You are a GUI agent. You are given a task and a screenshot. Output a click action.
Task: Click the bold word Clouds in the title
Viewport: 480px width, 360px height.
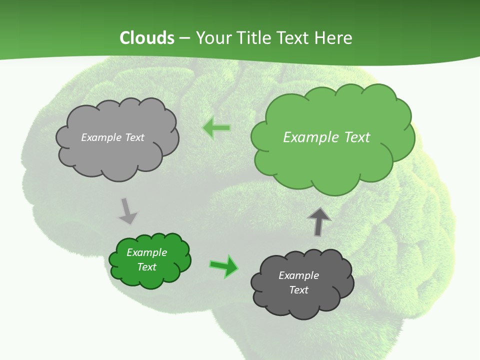[x=147, y=38]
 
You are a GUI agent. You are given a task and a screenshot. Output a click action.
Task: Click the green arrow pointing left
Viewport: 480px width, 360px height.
[x=216, y=128]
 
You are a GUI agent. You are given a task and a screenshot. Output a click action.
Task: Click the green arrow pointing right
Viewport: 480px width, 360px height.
[x=224, y=266]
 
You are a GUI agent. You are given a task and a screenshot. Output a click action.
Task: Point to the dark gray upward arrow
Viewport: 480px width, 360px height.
[x=319, y=222]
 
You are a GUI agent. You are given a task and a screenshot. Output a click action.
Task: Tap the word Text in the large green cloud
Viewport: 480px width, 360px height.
[x=357, y=137]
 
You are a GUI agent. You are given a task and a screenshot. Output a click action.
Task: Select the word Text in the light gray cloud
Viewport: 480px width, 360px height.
[x=134, y=137]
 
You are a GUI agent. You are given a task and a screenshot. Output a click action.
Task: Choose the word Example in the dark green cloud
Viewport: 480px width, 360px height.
[x=146, y=252]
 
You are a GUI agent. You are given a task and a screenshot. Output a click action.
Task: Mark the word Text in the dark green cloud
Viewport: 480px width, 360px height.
[x=146, y=267]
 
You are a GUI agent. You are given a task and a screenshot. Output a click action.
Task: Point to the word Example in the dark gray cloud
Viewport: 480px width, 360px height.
[x=298, y=275]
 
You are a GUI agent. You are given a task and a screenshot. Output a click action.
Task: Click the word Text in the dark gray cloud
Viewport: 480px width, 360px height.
[x=298, y=290]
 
